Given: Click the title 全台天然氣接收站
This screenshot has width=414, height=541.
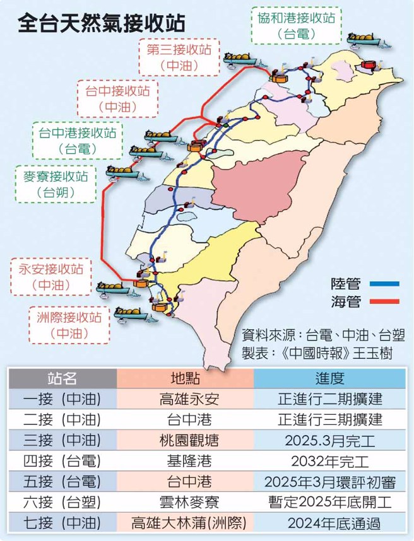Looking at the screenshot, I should [x=102, y=24].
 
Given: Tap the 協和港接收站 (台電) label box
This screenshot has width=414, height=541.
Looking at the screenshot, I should [x=296, y=25].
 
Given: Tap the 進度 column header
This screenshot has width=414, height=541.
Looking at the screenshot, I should [x=329, y=378].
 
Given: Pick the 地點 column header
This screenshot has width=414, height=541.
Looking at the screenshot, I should [x=186, y=378].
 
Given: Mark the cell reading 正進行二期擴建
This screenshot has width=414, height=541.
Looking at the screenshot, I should [x=329, y=399].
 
